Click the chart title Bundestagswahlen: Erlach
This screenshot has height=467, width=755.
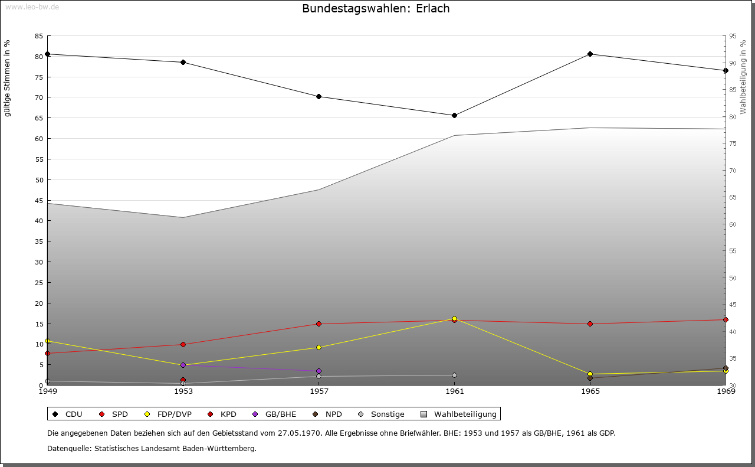[376, 8]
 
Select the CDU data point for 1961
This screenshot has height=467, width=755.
[454, 115]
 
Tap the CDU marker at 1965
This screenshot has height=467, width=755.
[590, 54]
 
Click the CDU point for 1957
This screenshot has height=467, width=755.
[319, 96]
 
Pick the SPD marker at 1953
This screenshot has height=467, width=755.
[183, 345]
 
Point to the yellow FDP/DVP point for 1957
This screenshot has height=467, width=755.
[319, 347]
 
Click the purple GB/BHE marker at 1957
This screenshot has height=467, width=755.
[319, 371]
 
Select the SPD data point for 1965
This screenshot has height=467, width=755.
[590, 324]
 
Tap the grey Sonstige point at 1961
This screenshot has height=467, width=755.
[454, 375]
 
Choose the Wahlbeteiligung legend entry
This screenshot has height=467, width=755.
[459, 414]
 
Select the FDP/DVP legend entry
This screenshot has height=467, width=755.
[168, 414]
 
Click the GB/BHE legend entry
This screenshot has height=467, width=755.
[274, 414]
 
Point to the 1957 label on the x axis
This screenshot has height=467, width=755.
[319, 391]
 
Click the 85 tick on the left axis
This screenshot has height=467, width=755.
[39, 36]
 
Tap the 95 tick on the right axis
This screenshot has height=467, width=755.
[733, 36]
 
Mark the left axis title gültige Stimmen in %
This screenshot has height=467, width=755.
[7, 79]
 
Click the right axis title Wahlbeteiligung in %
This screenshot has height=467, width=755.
[743, 77]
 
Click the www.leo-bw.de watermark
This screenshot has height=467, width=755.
[32, 6]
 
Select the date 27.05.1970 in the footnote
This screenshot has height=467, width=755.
[299, 433]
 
